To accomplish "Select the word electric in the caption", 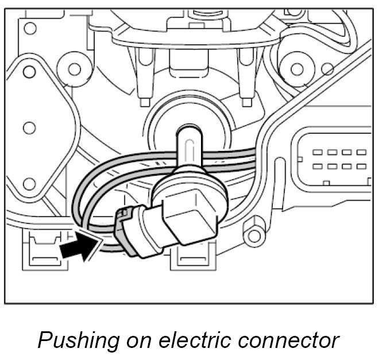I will point(197,340).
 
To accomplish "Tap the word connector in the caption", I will point(291,340).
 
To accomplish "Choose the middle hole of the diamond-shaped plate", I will point(29,127).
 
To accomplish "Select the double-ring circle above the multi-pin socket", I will point(297,69).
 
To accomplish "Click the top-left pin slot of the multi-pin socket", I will point(317,152).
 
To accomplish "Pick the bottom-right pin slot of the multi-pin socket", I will point(361,166).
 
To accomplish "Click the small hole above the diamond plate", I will point(30,27).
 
